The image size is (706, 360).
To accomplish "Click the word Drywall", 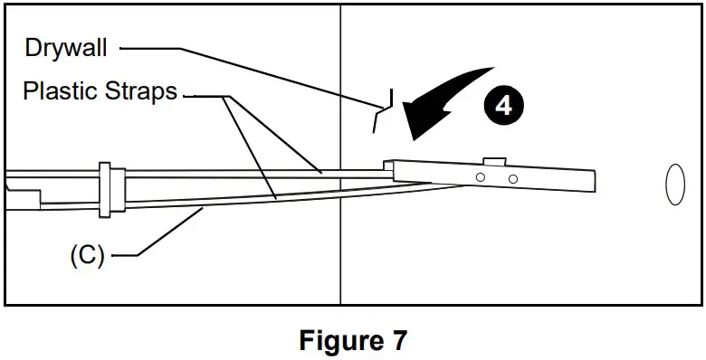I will tap(66, 48).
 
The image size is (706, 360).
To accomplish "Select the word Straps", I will tap(144, 91).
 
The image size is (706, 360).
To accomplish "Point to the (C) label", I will tap(87, 255).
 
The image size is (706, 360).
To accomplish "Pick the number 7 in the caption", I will tap(399, 341).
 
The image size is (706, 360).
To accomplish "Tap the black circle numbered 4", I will tap(503, 105).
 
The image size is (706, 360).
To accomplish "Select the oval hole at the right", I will tap(675, 185).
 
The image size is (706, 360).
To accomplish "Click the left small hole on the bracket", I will tap(481, 178).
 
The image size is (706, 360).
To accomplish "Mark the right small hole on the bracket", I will tap(512, 179).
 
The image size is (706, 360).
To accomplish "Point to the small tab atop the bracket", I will tap(494, 161).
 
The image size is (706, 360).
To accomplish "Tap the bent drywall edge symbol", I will tap(385, 109).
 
